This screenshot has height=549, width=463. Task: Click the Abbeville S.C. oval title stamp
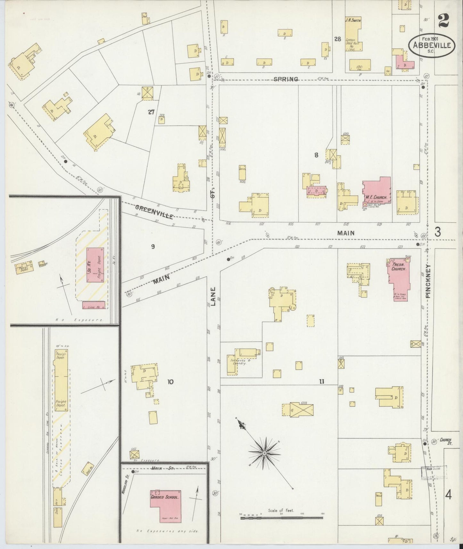[x=431, y=45]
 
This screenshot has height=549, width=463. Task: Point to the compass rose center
[x=265, y=453]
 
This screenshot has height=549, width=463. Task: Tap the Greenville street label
[x=154, y=211]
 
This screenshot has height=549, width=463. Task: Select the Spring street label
[x=285, y=79]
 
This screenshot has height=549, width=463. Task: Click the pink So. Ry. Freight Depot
[x=95, y=265]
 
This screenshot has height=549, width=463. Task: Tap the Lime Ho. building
[x=94, y=305]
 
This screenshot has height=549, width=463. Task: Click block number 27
[x=151, y=112]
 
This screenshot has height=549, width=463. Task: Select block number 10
[x=170, y=382]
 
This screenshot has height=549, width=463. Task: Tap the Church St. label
[x=445, y=441]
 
